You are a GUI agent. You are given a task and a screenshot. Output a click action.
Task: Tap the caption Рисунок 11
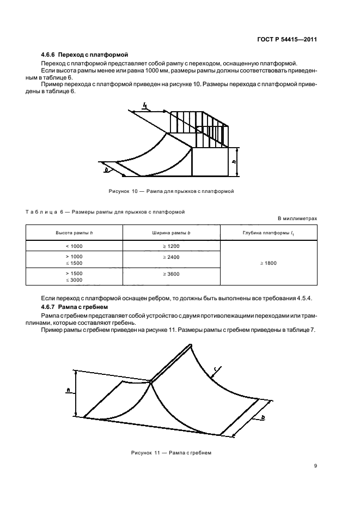(170, 453)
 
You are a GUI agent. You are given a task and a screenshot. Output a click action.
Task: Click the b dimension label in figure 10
(106, 169)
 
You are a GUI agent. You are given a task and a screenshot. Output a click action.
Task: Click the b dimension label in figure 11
(263, 418)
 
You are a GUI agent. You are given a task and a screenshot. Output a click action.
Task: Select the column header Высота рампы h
(74, 233)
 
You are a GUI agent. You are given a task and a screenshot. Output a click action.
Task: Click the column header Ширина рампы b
(170, 233)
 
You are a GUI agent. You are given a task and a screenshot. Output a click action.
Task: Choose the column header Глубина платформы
(268, 233)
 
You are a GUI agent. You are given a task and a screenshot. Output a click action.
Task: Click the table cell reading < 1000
(74, 246)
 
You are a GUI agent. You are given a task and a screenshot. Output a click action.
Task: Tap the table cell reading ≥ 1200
(170, 246)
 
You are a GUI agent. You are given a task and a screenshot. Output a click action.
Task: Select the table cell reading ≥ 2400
(170, 257)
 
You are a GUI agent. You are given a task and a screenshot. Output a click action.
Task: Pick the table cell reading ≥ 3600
(170, 274)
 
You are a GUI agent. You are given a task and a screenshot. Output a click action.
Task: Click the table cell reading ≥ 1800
(268, 263)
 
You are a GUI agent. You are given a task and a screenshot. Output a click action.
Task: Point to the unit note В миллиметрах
(297, 218)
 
